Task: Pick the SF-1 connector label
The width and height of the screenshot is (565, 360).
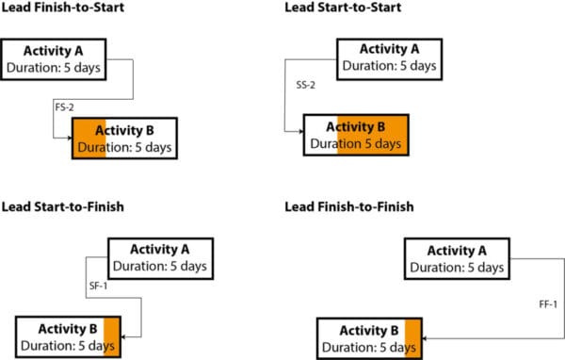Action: (97, 284)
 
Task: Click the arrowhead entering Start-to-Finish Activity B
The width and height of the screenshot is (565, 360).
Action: (126, 335)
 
